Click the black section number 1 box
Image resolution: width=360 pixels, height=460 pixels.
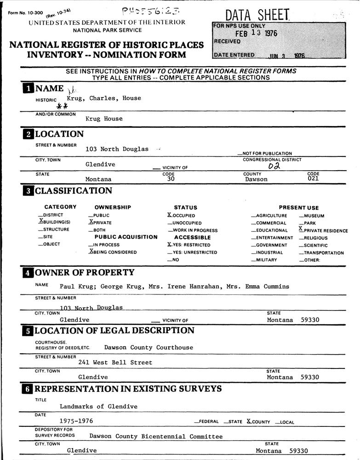point(28,89)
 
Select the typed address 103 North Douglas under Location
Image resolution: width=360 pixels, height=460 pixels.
point(117,149)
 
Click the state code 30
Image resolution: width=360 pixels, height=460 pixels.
point(171,179)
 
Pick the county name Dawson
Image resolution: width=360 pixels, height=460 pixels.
point(256,179)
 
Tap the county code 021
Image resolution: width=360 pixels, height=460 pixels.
point(313,179)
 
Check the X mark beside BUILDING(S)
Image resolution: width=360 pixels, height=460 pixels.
point(41,221)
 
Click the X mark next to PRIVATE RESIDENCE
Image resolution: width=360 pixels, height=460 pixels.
point(301,229)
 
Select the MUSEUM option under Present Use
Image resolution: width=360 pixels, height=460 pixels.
point(314,216)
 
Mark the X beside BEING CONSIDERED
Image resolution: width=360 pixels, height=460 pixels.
point(91,252)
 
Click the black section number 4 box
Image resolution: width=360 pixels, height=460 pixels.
point(28,273)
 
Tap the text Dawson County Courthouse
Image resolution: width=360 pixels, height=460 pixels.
point(149,348)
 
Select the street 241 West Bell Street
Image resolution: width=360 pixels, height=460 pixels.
point(115,362)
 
